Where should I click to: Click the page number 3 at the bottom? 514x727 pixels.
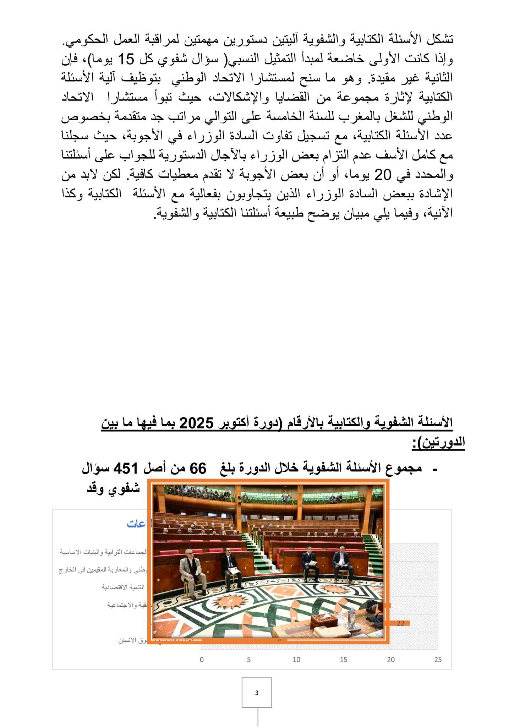pos(257,692)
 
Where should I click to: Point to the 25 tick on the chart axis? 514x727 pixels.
pos(438,660)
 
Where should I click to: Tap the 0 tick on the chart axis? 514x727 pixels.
pos(202,660)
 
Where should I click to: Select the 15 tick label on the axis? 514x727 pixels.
pos(343,660)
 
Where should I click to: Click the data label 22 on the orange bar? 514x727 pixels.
pos(400,623)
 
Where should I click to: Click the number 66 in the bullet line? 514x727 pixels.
pos(198,469)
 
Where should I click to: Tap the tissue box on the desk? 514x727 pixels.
pos(324,620)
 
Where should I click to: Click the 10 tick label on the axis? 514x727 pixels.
pos(296,660)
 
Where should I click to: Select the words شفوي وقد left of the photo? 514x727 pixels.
pos(114,488)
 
